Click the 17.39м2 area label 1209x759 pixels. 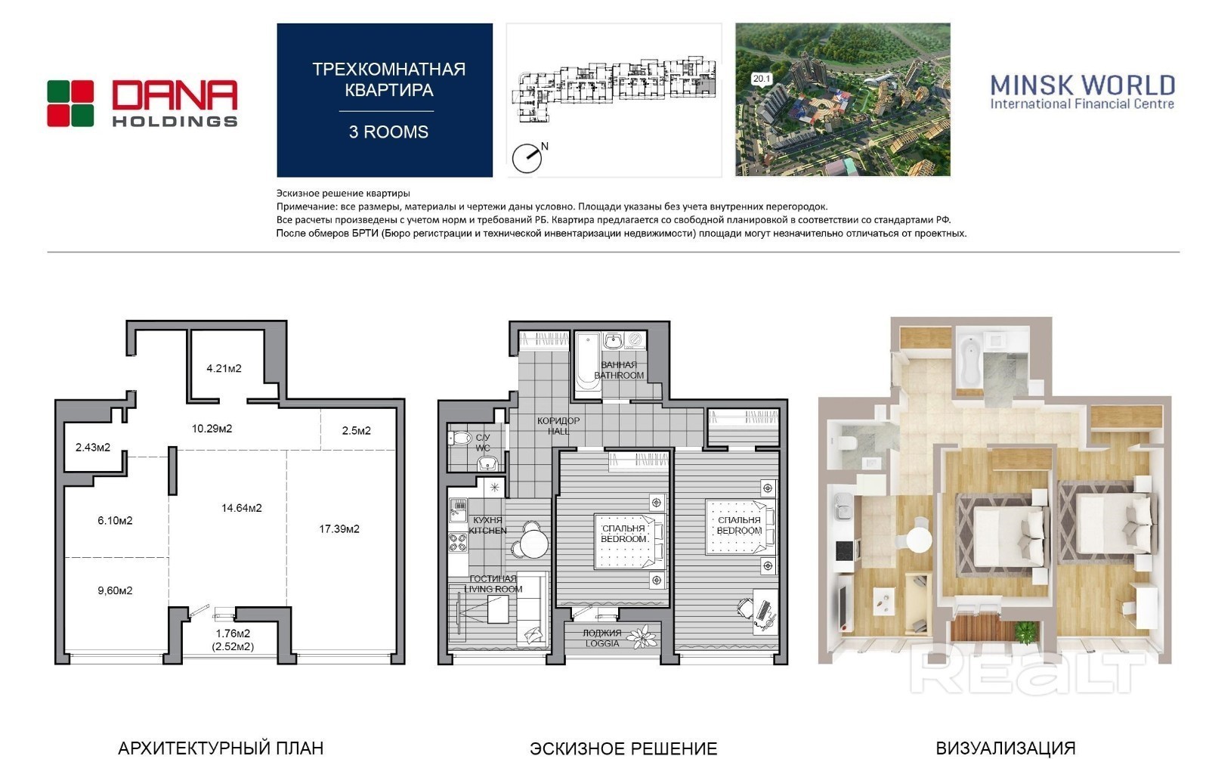tap(339, 529)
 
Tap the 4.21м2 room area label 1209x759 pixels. tap(224, 369)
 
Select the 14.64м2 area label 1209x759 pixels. tap(242, 508)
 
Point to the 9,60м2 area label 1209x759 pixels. tap(115, 590)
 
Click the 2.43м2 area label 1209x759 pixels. tap(93, 448)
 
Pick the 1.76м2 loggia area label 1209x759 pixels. tap(233, 634)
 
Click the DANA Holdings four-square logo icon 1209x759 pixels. tap(71, 104)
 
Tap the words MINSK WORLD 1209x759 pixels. tap(1083, 85)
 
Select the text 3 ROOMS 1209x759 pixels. tap(388, 132)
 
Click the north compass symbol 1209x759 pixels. tap(527, 158)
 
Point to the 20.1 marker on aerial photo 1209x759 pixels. tap(762, 79)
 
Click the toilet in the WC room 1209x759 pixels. tap(459, 438)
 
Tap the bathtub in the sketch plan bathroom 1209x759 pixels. tap(588, 361)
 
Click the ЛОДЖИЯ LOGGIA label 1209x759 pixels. tap(602, 638)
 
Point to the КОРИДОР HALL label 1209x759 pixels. tap(558, 426)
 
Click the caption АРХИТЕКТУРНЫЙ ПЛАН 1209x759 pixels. tap(221, 748)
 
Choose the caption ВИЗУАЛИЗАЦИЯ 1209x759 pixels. tap(1006, 748)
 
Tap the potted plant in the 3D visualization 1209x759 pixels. tap(1026, 632)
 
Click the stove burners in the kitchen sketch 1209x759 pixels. tap(458, 543)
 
